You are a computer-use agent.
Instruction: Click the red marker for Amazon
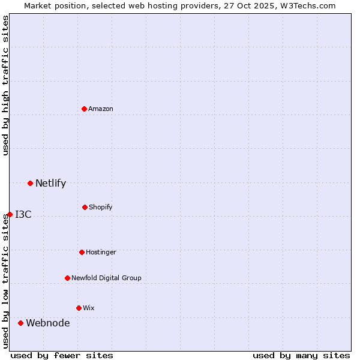(85, 109)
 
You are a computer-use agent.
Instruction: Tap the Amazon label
(101, 109)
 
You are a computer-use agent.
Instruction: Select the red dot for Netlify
(30, 183)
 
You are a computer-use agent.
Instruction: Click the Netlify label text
(50, 184)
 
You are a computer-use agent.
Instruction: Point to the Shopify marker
(85, 207)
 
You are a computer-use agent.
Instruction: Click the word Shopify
(101, 208)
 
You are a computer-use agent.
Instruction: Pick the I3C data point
(10, 214)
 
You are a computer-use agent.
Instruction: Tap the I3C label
(23, 215)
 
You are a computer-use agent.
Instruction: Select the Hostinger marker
(82, 252)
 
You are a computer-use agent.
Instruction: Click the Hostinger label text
(101, 252)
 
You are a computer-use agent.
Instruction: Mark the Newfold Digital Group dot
(67, 278)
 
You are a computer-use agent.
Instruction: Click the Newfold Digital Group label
(106, 278)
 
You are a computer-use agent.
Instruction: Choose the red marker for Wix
(79, 308)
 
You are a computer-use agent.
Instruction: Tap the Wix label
(89, 308)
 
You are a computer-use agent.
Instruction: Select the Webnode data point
(20, 323)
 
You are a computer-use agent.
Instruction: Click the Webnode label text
(48, 323)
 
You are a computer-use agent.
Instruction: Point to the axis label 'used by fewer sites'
(62, 355)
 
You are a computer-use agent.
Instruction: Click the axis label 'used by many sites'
(301, 355)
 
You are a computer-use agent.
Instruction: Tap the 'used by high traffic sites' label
(5, 85)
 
